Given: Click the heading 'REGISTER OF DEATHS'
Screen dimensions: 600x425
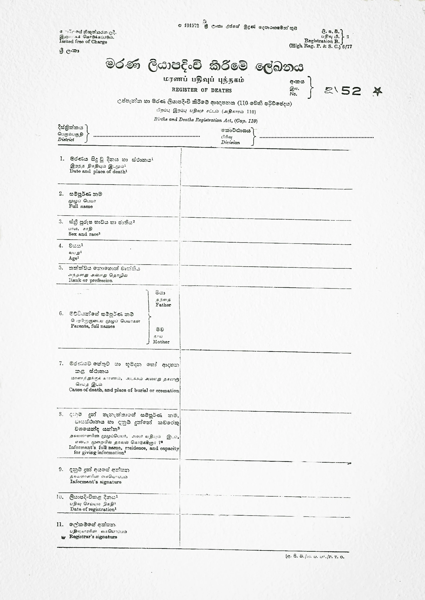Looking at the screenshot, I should click(x=202, y=90).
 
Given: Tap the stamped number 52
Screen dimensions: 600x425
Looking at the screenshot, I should click(x=351, y=91).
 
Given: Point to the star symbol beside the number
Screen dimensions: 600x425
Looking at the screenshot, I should click(x=377, y=92).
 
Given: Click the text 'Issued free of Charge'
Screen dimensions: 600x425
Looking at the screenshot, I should click(x=83, y=42).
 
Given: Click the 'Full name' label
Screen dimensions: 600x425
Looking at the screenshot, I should click(x=81, y=206).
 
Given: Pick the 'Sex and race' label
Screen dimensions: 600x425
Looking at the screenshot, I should click(x=85, y=234).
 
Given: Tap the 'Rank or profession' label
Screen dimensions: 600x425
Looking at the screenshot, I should click(x=90, y=280).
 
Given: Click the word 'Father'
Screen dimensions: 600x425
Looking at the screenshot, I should click(x=163, y=305).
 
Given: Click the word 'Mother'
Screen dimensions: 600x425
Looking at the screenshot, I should click(x=161, y=342).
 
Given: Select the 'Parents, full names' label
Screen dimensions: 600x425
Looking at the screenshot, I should click(x=93, y=326).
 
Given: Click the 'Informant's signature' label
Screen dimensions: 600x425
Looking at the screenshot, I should click(x=96, y=482).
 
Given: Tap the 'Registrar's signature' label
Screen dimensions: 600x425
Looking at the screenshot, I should click(x=93, y=537).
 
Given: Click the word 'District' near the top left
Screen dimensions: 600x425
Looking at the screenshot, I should click(x=66, y=139).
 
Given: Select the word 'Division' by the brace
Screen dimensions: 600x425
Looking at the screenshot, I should click(x=230, y=143).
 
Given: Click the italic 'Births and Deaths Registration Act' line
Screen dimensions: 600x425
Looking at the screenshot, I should click(x=205, y=120).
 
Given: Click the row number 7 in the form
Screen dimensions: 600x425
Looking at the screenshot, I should click(x=61, y=364).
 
